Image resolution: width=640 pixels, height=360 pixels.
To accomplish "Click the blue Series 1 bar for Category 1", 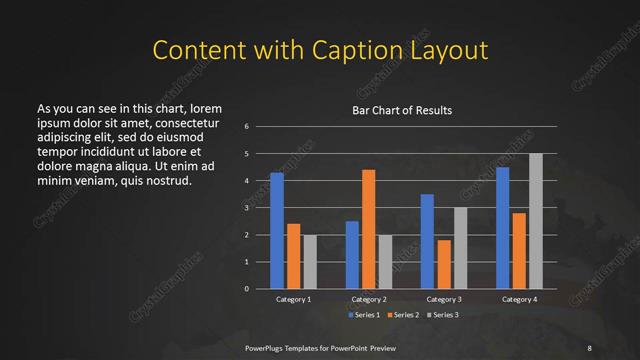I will click(x=277, y=230).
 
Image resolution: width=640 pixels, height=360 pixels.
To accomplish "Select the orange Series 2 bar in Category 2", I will click(x=368, y=229).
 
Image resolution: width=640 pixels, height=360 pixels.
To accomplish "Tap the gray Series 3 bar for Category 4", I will click(x=535, y=221).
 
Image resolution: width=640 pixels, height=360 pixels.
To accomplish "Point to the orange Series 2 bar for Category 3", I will click(x=444, y=264).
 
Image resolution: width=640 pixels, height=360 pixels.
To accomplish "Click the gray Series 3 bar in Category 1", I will click(x=310, y=261).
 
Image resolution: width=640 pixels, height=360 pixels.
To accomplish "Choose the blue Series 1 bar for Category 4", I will click(x=502, y=228).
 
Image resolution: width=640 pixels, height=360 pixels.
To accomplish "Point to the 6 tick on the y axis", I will click(x=246, y=127).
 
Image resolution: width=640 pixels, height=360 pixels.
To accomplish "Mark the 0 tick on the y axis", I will click(x=246, y=289).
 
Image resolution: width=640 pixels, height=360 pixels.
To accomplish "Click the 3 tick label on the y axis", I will click(x=246, y=208).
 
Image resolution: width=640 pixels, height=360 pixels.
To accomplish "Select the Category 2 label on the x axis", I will click(x=369, y=299).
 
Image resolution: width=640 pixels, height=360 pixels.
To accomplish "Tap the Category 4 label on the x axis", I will click(x=519, y=299).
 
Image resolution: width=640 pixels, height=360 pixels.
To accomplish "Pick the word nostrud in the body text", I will click(x=163, y=181).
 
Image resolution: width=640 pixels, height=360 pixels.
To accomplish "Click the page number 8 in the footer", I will click(x=589, y=347).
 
